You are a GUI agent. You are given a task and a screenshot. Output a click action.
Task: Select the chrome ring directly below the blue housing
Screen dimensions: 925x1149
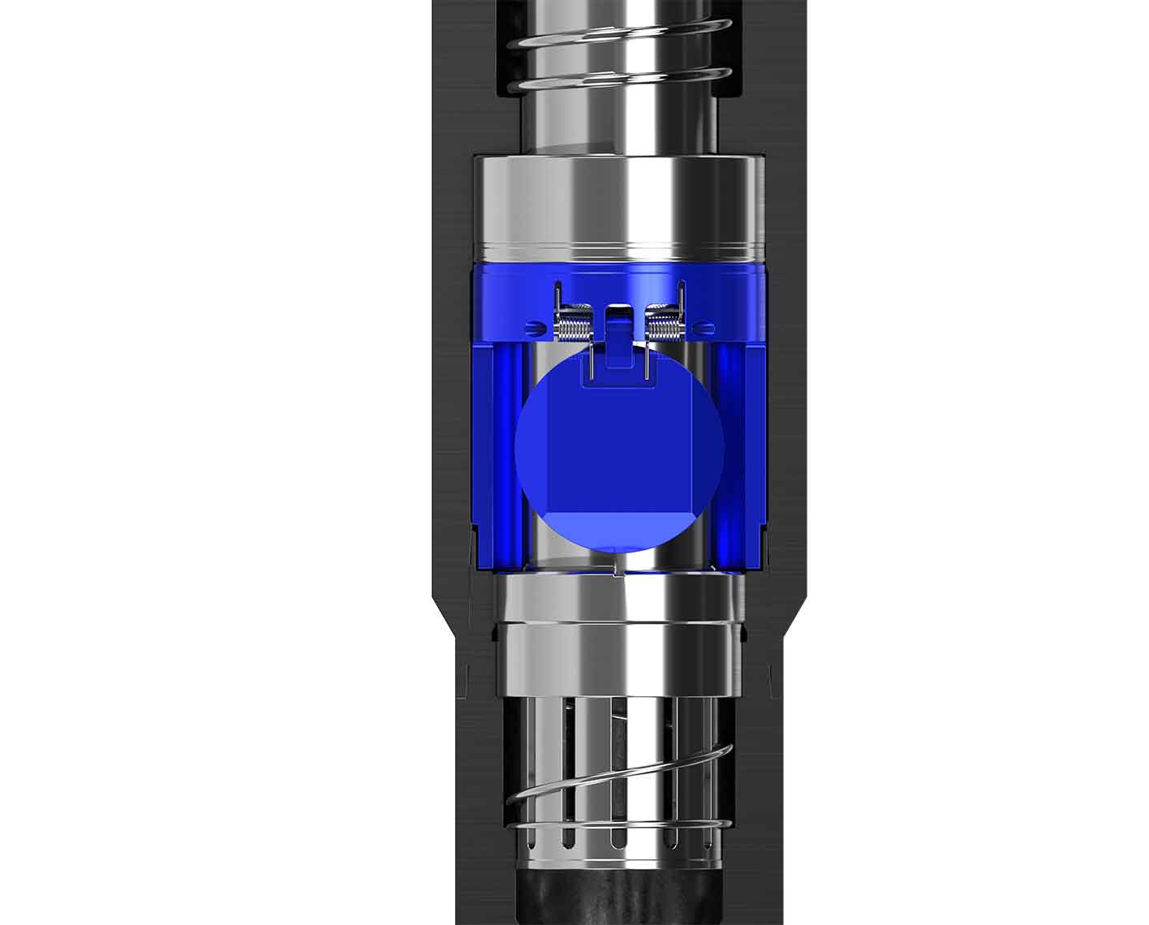[x=618, y=600]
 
